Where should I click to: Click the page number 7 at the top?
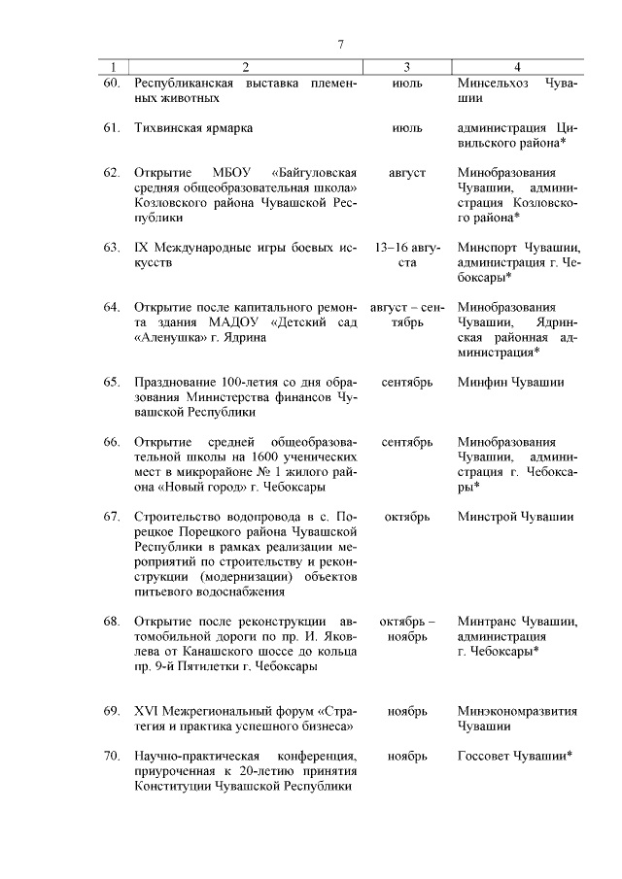341,44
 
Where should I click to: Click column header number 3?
406,67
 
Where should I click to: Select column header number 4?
517,67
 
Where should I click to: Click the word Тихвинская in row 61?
170,128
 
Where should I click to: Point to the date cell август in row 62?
407,173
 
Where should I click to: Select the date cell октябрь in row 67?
407,517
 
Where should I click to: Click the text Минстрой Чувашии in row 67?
515,517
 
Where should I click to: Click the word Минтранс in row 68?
489,622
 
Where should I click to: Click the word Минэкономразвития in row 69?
517,711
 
